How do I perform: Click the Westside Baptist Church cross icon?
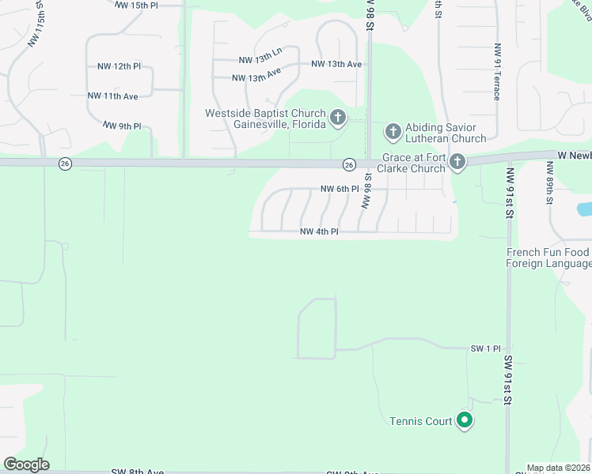tap(338, 118)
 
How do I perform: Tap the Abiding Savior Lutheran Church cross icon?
tap(393, 130)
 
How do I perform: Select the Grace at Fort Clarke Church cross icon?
tap(457, 163)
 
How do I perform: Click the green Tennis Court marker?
tap(465, 421)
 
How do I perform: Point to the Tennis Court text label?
tap(420, 421)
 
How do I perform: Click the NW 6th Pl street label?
tap(340, 189)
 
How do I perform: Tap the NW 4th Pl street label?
tap(319, 231)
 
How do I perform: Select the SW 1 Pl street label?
tap(487, 348)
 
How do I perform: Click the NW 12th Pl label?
tap(116, 66)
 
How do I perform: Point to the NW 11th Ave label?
tap(113, 96)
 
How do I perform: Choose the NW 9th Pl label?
tap(122, 126)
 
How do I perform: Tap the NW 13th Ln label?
tap(260, 60)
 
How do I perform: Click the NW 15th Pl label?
tap(137, 5)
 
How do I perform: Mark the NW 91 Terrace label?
tap(497, 71)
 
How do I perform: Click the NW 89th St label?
tap(549, 182)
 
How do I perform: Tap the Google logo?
tap(27, 465)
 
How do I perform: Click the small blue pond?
tap(584, 209)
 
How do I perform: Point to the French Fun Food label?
tap(548, 253)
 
